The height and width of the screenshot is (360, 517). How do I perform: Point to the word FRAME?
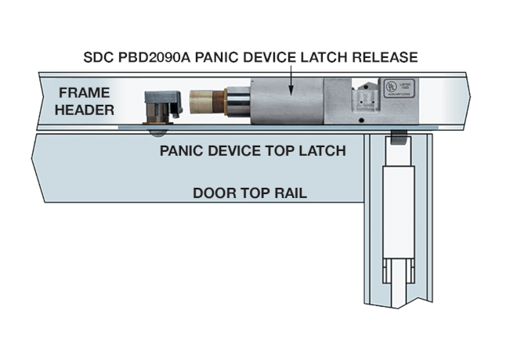coord(83,93)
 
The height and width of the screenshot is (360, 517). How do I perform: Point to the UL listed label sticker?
coord(393,87)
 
